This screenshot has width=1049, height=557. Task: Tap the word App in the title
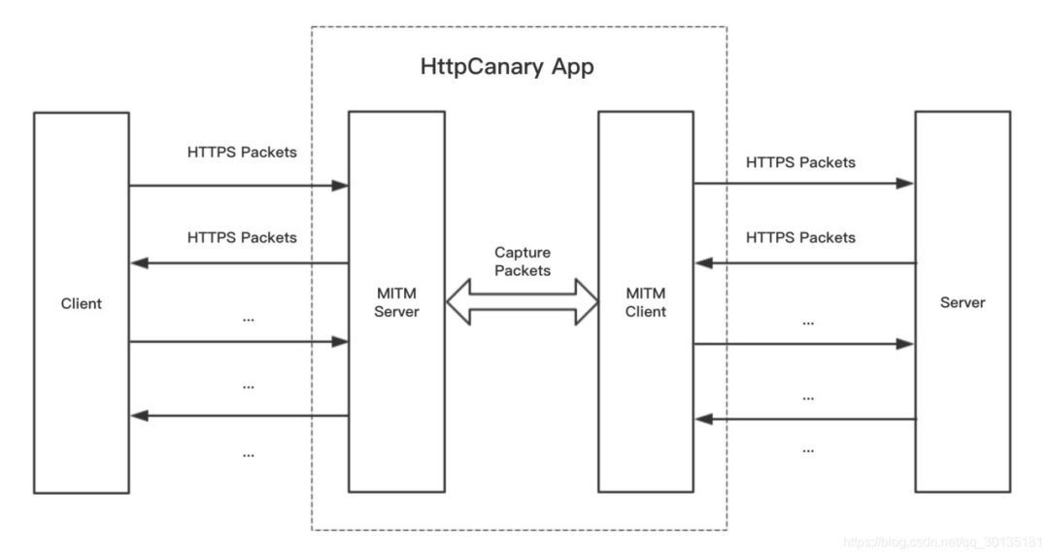pyautogui.click(x=572, y=68)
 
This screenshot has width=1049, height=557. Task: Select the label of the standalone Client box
pyautogui.click(x=81, y=303)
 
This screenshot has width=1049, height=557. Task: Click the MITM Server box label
pyautogui.click(x=396, y=301)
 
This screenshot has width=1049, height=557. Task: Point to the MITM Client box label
pyautogui.click(x=646, y=301)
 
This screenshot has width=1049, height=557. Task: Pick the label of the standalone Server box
pyautogui.click(x=962, y=302)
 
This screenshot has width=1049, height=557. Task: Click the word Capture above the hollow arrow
pyautogui.click(x=522, y=253)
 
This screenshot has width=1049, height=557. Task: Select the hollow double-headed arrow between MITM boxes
pyautogui.click(x=523, y=301)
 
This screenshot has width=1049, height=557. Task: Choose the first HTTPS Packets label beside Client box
pyautogui.click(x=242, y=153)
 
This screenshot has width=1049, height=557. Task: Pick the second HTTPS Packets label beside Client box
pyautogui.click(x=242, y=236)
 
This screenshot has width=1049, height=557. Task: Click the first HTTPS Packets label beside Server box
pyautogui.click(x=800, y=162)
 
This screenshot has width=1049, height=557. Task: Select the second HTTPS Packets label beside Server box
pyautogui.click(x=800, y=237)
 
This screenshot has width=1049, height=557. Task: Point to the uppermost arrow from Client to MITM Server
pyautogui.click(x=238, y=185)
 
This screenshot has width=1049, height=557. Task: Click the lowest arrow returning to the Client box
pyautogui.click(x=238, y=415)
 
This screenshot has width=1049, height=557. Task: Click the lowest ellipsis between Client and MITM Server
pyautogui.click(x=248, y=453)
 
